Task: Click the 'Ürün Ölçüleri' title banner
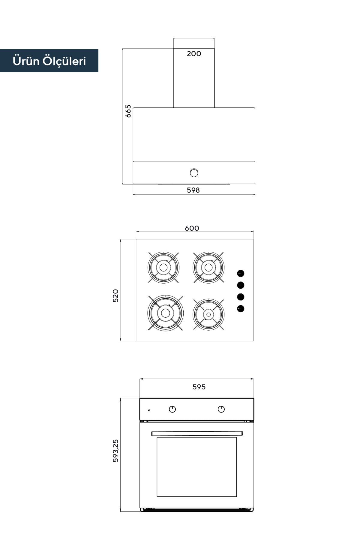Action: pos(49,61)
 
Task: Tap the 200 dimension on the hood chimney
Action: pos(194,54)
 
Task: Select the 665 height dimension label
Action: pos(128,111)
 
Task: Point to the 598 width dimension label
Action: pos(193,190)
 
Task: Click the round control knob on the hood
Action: pos(194,173)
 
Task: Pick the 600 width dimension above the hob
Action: pos(192,228)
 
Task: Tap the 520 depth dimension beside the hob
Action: pos(115,295)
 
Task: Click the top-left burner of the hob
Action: pos(163,267)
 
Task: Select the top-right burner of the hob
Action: pos(208,267)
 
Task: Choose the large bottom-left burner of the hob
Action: pos(165,313)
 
